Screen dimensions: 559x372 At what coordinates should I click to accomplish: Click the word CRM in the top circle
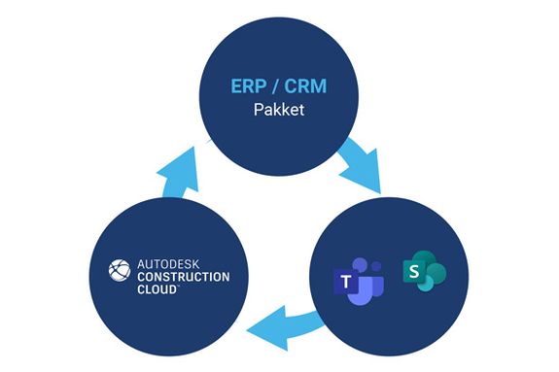(305, 85)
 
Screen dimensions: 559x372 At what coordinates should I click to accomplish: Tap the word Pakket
(279, 110)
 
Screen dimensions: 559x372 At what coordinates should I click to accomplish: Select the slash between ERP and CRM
(275, 85)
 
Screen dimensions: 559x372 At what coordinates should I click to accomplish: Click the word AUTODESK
(168, 264)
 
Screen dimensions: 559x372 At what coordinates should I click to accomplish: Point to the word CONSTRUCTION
(184, 277)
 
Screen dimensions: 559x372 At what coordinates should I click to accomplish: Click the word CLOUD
(157, 289)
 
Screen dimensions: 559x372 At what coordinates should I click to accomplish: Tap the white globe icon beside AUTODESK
(120, 270)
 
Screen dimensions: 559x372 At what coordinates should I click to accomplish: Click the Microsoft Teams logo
(359, 282)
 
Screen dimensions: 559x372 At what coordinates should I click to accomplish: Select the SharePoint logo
(424, 271)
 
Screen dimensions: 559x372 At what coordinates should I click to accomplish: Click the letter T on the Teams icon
(346, 282)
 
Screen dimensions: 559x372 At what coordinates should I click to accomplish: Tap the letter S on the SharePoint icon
(414, 272)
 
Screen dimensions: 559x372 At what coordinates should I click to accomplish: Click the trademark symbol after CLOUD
(178, 286)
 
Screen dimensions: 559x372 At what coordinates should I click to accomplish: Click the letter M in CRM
(319, 85)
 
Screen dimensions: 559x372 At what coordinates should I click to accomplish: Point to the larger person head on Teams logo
(361, 265)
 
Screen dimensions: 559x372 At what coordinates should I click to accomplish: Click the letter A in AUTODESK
(141, 264)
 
